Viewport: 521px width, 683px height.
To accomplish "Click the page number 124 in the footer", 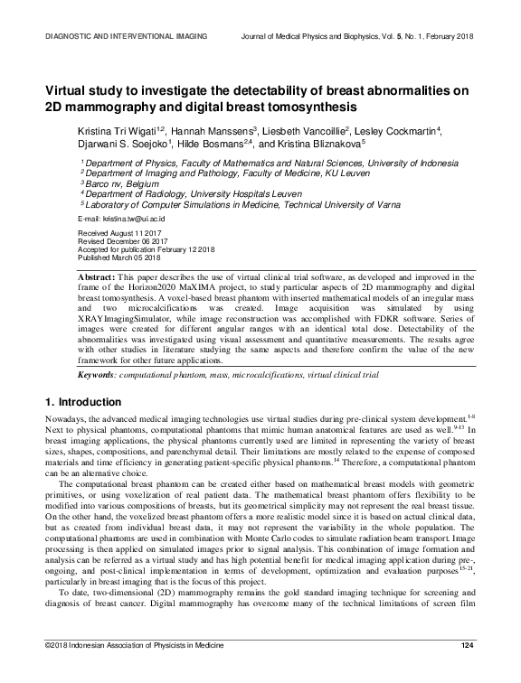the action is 468,669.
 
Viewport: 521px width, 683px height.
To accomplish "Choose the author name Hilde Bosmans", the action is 216,143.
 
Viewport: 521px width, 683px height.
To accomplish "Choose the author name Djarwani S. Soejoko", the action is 125,143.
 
